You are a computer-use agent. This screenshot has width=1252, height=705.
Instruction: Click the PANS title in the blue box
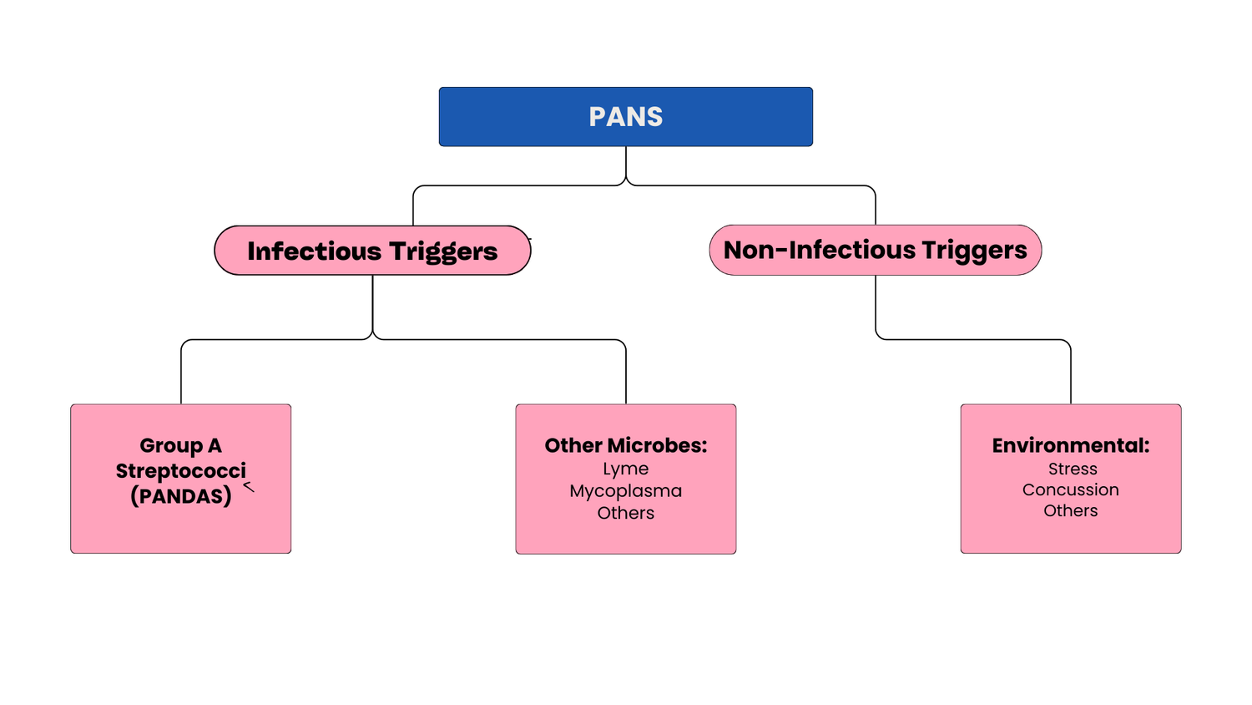(x=625, y=117)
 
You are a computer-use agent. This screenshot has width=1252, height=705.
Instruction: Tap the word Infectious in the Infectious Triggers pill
(x=314, y=251)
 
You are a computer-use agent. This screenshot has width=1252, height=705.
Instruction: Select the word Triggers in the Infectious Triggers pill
(x=443, y=252)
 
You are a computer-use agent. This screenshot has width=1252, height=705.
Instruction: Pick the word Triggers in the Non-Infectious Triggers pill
(x=974, y=251)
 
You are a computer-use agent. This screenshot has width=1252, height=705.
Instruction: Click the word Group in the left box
(x=171, y=446)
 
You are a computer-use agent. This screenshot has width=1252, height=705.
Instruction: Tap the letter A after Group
(x=215, y=445)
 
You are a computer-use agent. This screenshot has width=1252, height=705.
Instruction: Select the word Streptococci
(x=181, y=471)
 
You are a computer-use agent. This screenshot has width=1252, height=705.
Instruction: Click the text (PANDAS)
(x=181, y=496)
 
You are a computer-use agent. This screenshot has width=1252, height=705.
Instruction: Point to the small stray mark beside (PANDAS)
(x=249, y=487)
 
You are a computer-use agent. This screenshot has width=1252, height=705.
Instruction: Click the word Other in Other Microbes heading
(x=573, y=445)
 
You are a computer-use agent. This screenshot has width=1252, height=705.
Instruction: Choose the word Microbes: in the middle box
(x=657, y=445)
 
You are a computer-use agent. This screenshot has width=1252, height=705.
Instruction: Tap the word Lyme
(x=625, y=469)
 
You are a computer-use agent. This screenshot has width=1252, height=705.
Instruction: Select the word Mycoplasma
(x=625, y=491)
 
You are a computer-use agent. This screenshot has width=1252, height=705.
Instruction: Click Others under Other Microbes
(x=625, y=513)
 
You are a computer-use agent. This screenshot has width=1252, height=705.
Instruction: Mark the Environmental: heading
(x=1070, y=445)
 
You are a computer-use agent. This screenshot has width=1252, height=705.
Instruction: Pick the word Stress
(x=1072, y=469)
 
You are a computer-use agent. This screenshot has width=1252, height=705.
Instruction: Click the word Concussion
(x=1070, y=489)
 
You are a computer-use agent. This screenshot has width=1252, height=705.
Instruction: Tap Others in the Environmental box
(x=1070, y=510)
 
